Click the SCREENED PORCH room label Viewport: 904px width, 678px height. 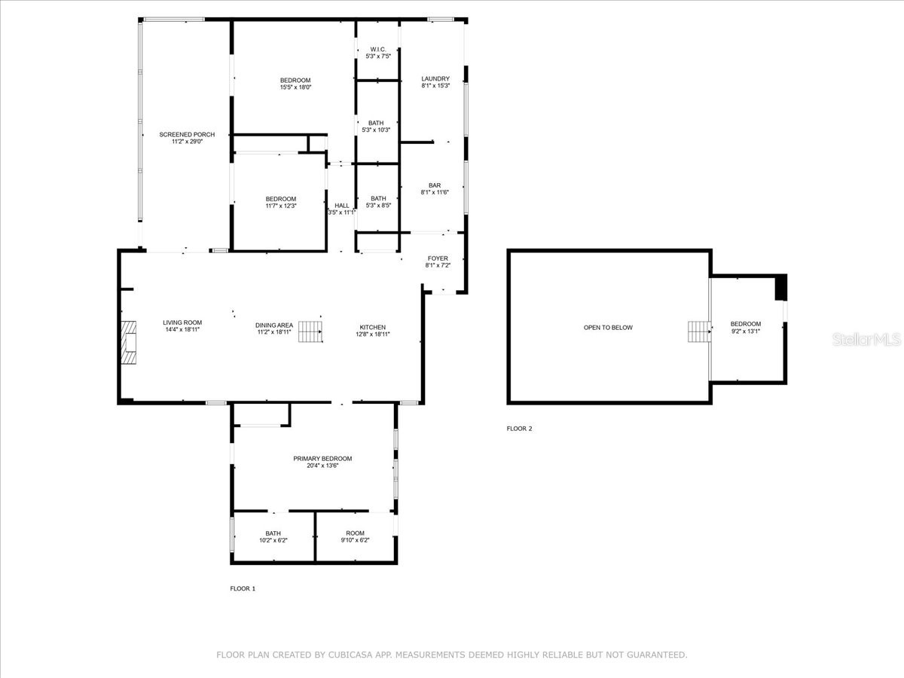pos(187,135)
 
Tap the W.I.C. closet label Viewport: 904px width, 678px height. pos(377,49)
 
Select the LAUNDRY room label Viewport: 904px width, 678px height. pos(435,78)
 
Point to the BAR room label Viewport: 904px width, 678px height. pos(435,185)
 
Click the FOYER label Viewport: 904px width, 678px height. pos(438,258)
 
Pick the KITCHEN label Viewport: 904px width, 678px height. pos(372,327)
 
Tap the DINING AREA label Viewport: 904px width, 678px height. pos(274,325)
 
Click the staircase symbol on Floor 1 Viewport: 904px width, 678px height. pos(310,331)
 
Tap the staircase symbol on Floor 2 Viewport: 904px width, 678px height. pos(699,331)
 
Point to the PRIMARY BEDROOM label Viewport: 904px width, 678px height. pos(322,458)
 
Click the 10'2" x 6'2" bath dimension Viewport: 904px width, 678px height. pos(273,540)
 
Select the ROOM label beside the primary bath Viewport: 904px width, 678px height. pos(354,533)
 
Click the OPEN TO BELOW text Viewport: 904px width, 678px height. pos(608,328)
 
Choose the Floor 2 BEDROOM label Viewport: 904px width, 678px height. pos(746,324)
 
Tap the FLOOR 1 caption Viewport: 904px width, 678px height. pos(243,588)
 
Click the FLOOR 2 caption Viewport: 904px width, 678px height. pos(519,429)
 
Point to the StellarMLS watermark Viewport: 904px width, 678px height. pos(866,340)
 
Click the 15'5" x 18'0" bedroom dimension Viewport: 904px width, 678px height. pos(295,87)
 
